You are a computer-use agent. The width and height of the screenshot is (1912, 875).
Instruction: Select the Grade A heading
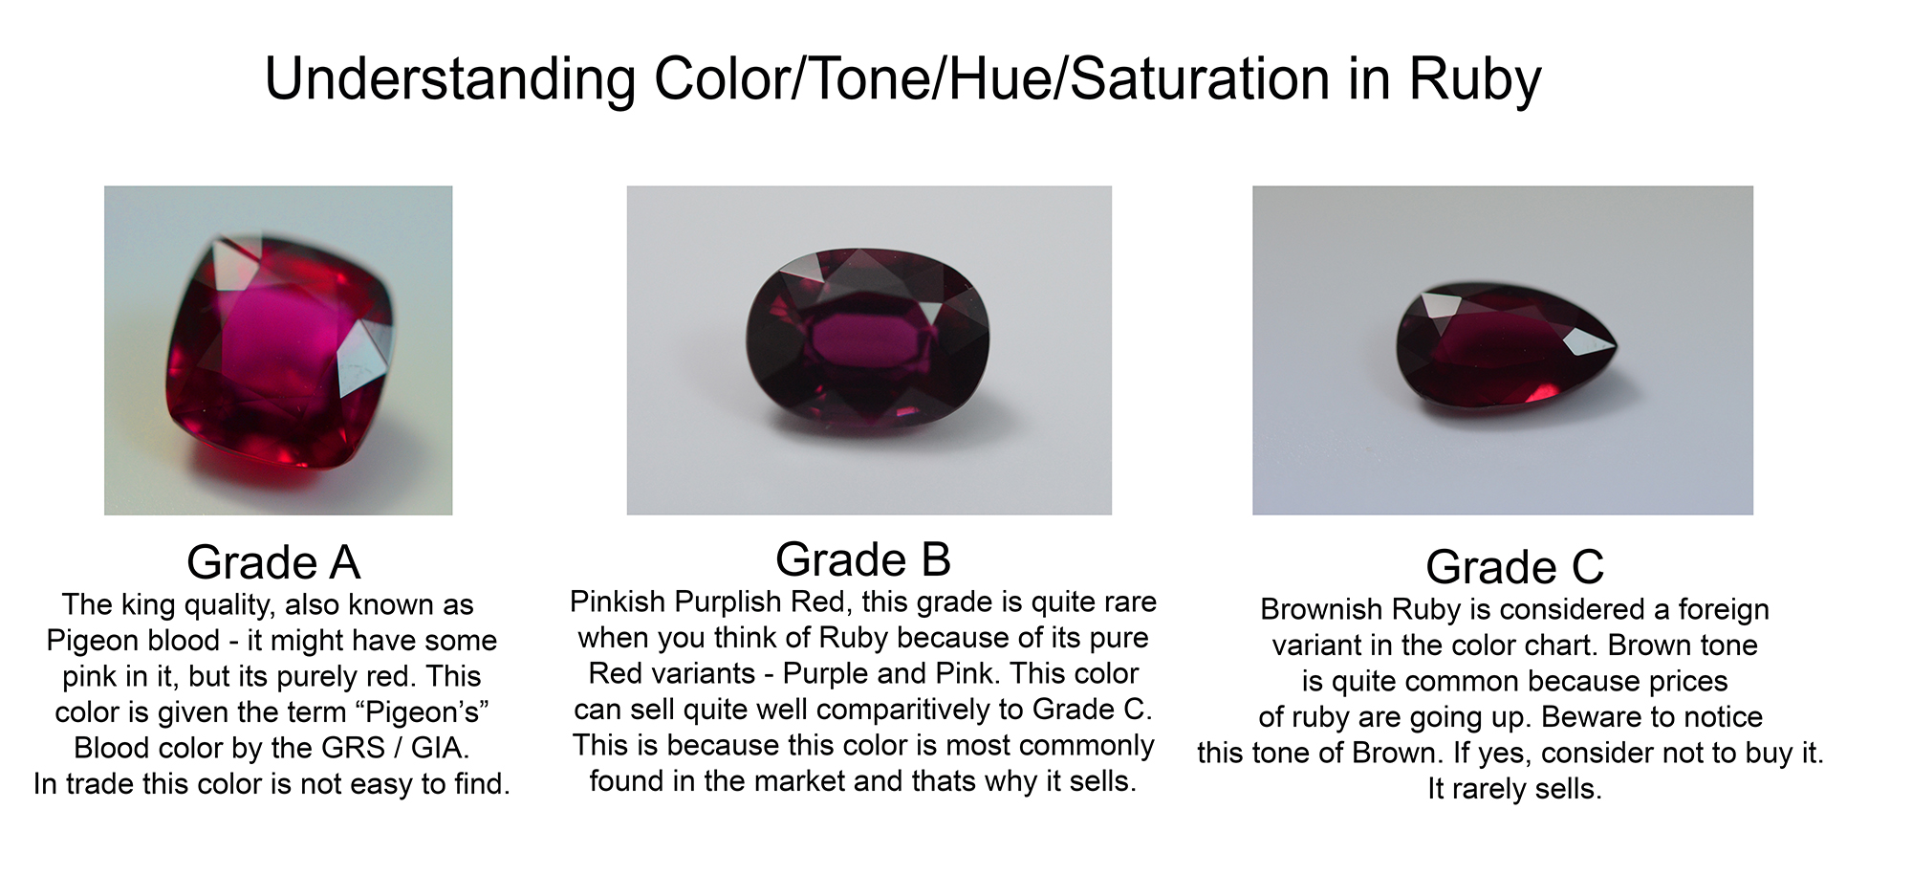[273, 562]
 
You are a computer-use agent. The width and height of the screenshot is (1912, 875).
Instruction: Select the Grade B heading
[863, 559]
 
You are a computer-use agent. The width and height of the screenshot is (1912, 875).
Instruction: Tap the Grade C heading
[1514, 567]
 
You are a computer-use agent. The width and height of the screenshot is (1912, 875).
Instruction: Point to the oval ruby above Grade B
[867, 337]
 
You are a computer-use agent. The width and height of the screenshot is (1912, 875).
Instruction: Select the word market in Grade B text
[801, 781]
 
